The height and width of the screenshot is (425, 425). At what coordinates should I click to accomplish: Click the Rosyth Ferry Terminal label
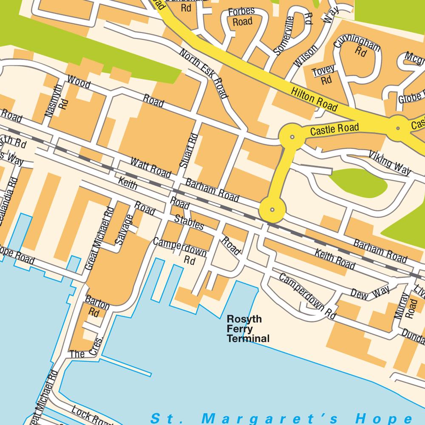point(248,329)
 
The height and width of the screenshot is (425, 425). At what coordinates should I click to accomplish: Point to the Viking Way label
point(389,163)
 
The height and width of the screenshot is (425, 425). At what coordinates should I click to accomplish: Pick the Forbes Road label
point(241,17)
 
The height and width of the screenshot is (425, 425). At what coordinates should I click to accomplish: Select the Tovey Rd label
point(324,74)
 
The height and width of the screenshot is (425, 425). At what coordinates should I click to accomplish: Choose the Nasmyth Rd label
point(56,100)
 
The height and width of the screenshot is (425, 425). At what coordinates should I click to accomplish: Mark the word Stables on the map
point(190,222)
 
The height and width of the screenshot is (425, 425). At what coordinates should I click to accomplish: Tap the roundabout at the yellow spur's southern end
point(272,209)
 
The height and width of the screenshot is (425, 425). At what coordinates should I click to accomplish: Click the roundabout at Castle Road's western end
point(292,137)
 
